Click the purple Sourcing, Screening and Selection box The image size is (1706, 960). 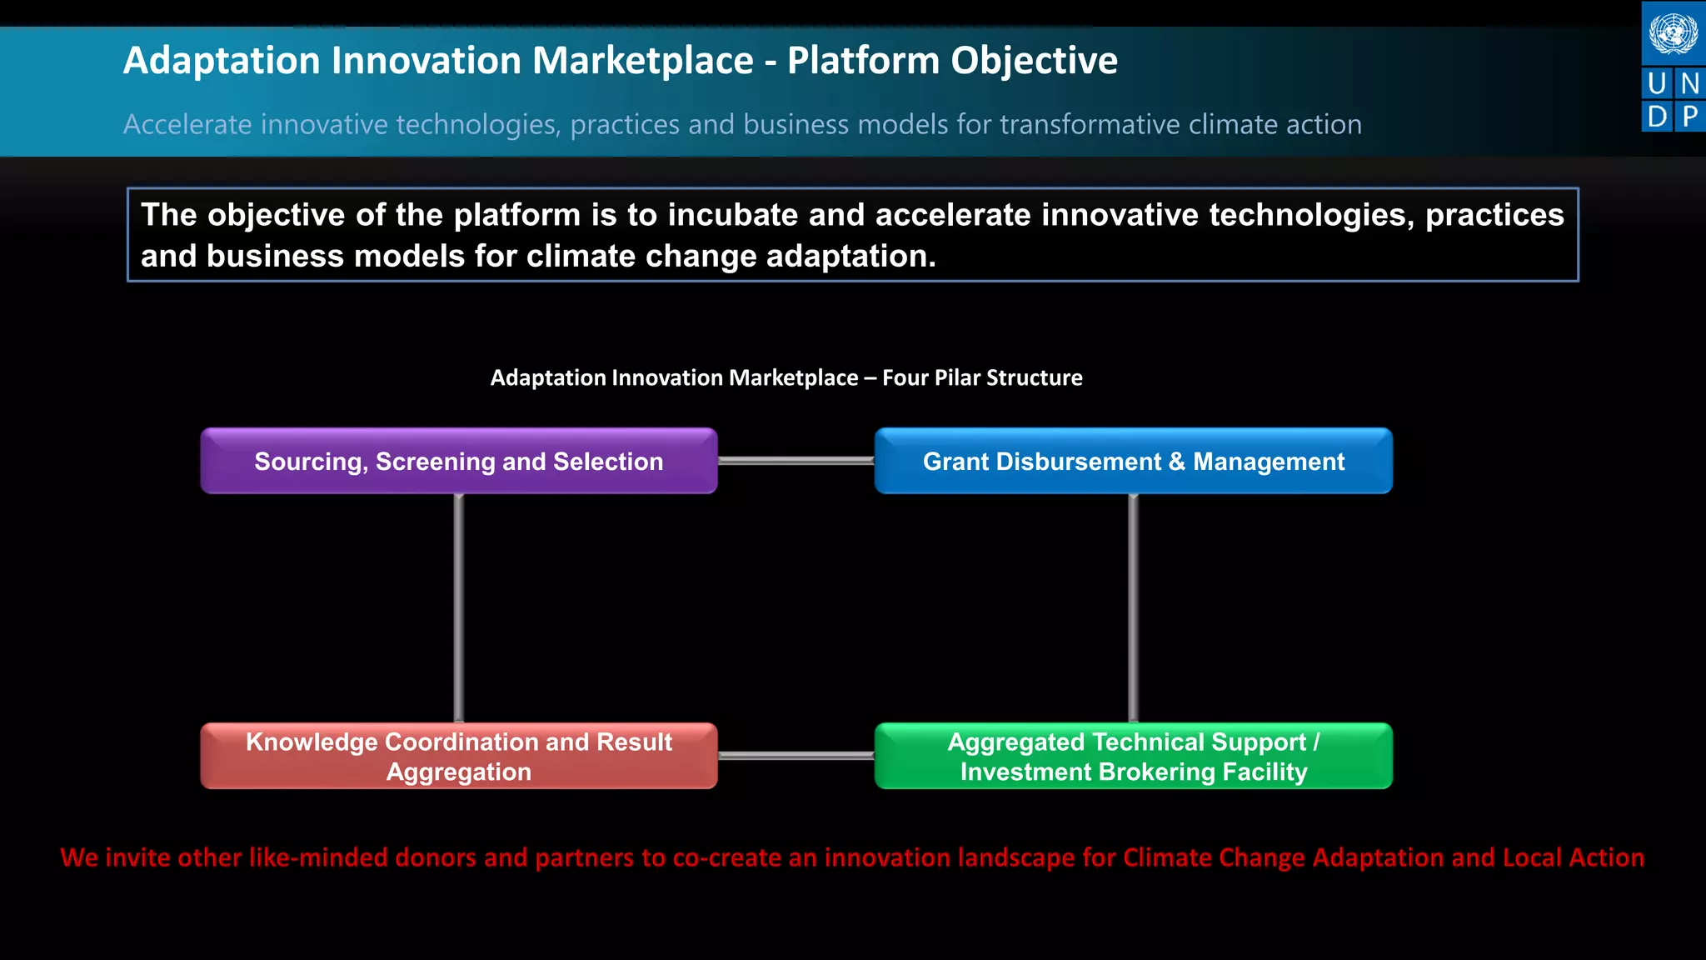pyautogui.click(x=458, y=461)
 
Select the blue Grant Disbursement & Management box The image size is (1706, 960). pyautogui.click(x=1133, y=461)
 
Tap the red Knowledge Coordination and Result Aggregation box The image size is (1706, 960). pyautogui.click(x=458, y=756)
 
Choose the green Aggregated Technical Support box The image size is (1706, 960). pyautogui.click(x=1133, y=756)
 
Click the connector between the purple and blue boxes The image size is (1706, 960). pyautogui.click(x=796, y=461)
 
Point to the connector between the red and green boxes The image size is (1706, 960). pyautogui.click(x=796, y=756)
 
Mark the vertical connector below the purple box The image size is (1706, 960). pyautogui.click(x=459, y=608)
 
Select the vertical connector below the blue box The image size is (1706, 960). pyautogui.click(x=1133, y=608)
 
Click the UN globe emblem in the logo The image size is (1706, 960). pyautogui.click(x=1673, y=34)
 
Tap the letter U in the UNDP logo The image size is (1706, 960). pyautogui.click(x=1657, y=83)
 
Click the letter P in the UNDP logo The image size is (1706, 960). pyautogui.click(x=1689, y=116)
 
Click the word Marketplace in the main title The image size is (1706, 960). pyautogui.click(x=642, y=61)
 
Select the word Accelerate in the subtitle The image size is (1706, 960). pyautogui.click(x=187, y=124)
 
